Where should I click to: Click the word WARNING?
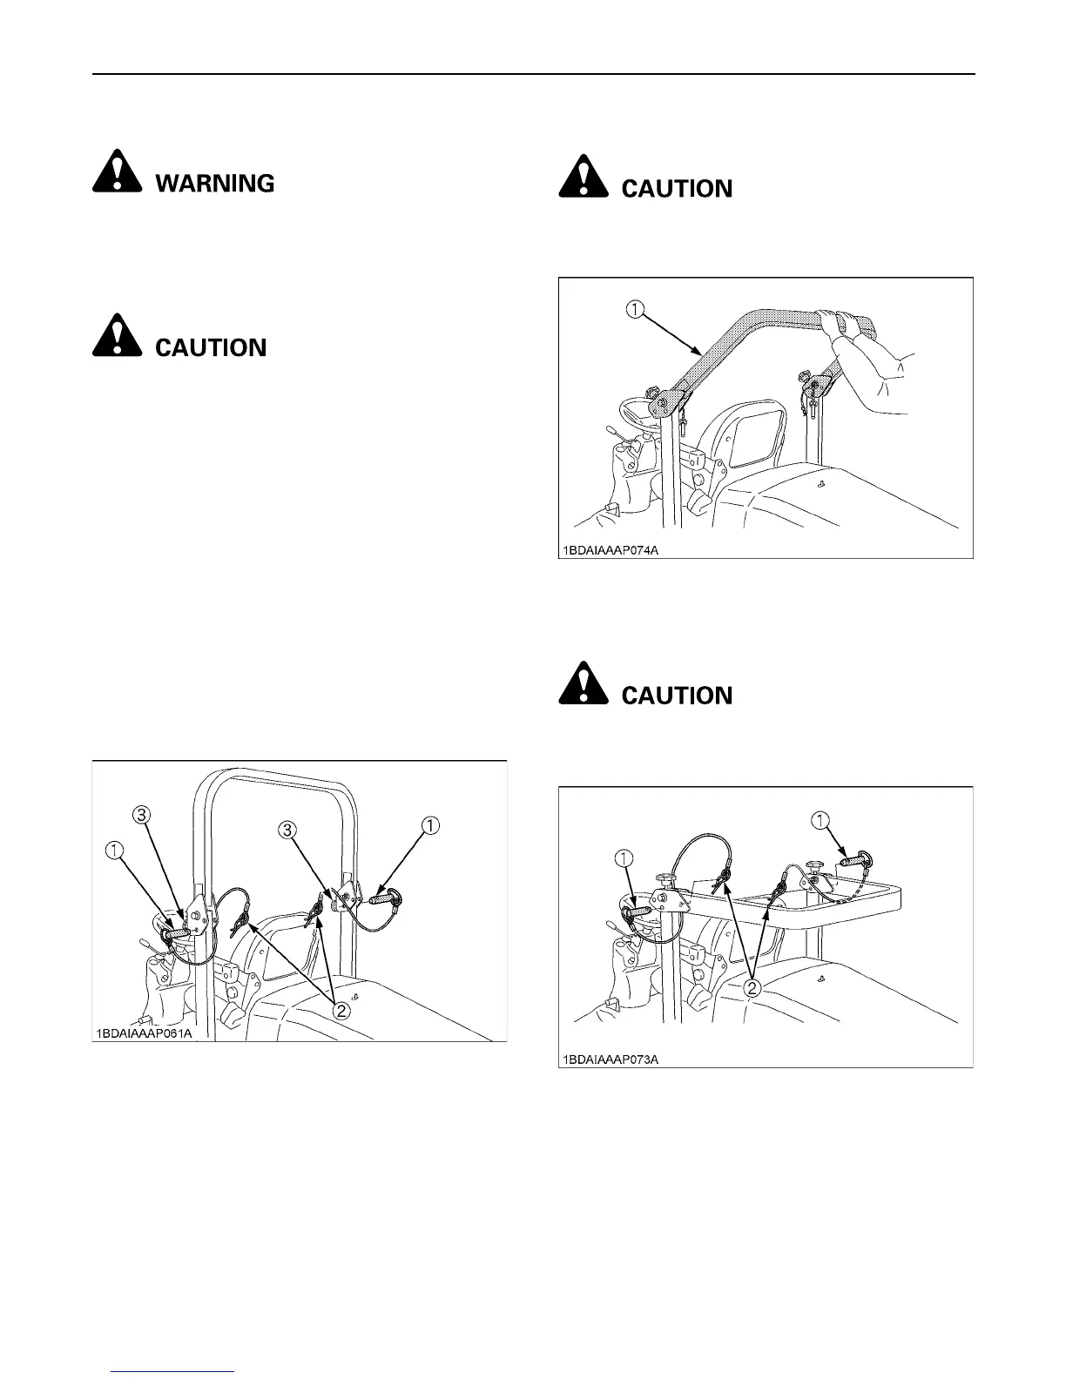point(215,184)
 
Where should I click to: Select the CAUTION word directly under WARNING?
point(211,347)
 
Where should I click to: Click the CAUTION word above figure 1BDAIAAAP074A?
point(677,189)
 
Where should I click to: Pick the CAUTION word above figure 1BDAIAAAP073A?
point(677,696)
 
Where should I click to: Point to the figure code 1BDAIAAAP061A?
point(144,1033)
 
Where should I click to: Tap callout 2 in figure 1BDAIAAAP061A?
point(342,1011)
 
